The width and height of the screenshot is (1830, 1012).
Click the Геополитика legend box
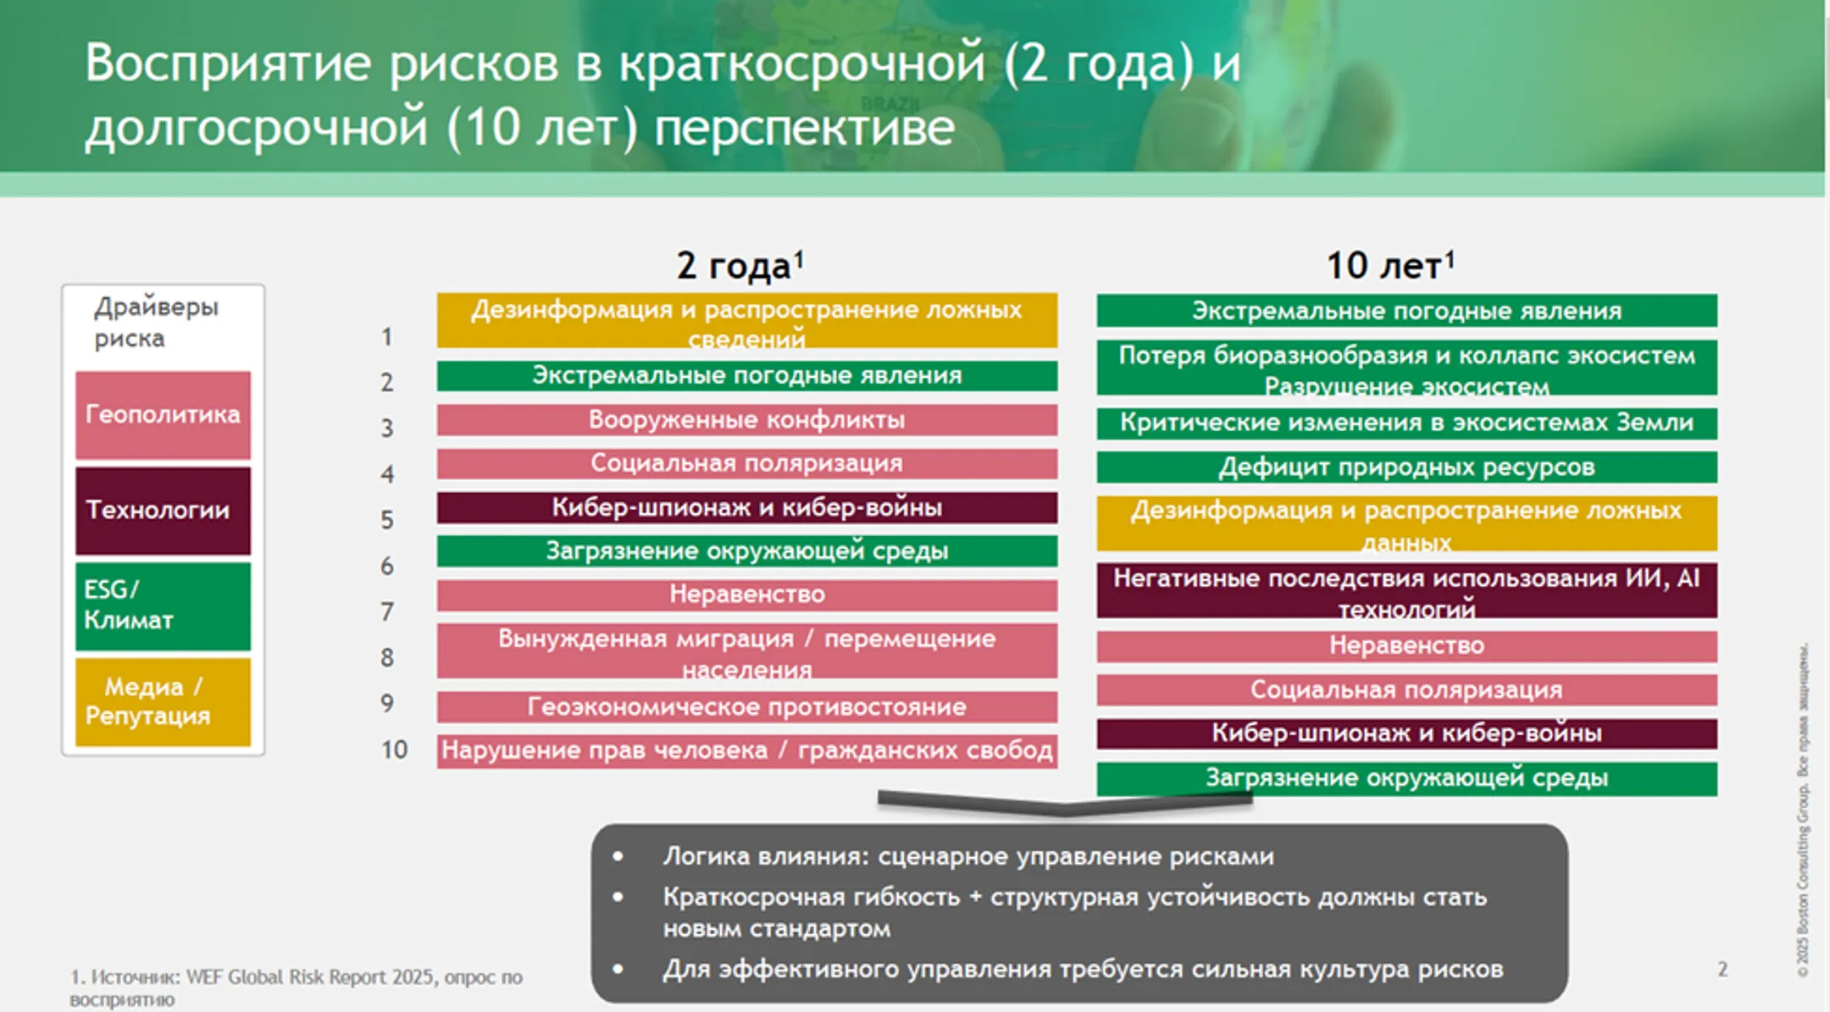pyautogui.click(x=163, y=414)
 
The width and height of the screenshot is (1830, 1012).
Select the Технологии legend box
pyautogui.click(x=163, y=510)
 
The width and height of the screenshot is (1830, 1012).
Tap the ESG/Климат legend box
pyautogui.click(x=163, y=606)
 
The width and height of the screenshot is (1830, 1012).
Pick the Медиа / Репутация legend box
pyautogui.click(x=163, y=701)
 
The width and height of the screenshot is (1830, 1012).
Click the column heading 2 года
pyautogui.click(x=740, y=266)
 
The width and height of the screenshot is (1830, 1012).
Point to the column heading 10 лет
pyautogui.click(x=1389, y=266)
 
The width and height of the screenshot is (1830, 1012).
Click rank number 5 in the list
pyautogui.click(x=387, y=519)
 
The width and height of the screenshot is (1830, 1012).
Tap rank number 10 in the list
pyautogui.click(x=394, y=749)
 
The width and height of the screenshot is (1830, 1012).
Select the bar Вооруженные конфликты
pyautogui.click(x=746, y=420)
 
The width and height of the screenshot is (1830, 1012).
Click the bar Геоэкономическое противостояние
pyautogui.click(x=746, y=706)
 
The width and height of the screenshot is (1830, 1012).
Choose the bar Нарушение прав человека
pyautogui.click(x=746, y=750)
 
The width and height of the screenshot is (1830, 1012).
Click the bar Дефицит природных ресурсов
pyautogui.click(x=1406, y=467)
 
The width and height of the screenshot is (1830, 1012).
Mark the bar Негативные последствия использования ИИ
pyautogui.click(x=1406, y=590)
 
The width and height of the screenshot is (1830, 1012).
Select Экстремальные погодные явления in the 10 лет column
pyautogui.click(x=1406, y=311)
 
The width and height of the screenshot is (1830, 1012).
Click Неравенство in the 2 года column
pyautogui.click(x=746, y=594)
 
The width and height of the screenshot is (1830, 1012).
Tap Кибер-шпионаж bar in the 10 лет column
pyautogui.click(x=1406, y=733)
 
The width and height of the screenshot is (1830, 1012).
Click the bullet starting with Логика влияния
pyautogui.click(x=968, y=856)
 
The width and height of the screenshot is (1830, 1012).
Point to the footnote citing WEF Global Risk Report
pyautogui.click(x=297, y=987)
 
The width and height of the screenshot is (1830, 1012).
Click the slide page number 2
pyautogui.click(x=1722, y=969)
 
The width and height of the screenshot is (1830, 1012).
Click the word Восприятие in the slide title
pyautogui.click(x=227, y=64)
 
